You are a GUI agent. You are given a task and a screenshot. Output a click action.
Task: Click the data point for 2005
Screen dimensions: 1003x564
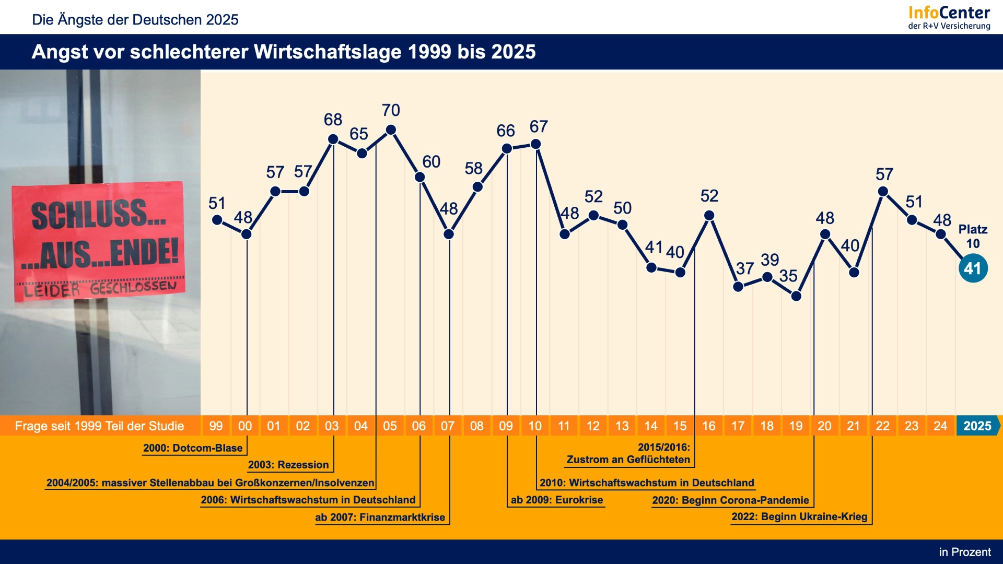click(x=391, y=130)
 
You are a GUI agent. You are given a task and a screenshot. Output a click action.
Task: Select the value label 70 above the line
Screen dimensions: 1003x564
click(x=391, y=110)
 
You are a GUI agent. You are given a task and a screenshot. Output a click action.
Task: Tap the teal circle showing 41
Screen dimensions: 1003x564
click(x=973, y=268)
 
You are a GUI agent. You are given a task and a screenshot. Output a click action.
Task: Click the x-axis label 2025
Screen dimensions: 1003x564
click(x=977, y=426)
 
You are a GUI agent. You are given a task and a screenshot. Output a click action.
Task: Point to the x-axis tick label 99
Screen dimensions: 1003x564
click(x=216, y=426)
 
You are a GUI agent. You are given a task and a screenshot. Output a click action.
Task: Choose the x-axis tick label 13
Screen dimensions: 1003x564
click(x=622, y=426)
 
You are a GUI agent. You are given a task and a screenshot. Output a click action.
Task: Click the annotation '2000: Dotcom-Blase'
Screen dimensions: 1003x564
click(x=193, y=448)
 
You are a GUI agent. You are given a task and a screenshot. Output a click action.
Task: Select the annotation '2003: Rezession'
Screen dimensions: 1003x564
click(x=288, y=465)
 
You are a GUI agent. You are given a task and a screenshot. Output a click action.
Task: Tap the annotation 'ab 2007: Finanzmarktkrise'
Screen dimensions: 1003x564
click(x=380, y=518)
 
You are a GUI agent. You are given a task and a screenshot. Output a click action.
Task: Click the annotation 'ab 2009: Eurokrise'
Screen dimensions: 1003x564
click(x=557, y=500)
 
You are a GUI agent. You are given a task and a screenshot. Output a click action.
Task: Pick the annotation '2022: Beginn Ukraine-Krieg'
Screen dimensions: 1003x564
click(x=799, y=516)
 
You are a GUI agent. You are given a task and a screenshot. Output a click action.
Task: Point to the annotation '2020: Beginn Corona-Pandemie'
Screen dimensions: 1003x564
click(x=730, y=500)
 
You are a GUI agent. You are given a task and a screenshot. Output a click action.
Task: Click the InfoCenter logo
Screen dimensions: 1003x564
click(x=949, y=17)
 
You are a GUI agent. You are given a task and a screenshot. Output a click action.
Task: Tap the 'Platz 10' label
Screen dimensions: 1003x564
click(x=973, y=236)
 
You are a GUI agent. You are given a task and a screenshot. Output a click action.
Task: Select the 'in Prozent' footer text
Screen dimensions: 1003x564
click(x=965, y=552)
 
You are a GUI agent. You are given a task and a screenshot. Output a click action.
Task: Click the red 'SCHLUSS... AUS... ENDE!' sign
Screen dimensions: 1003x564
click(x=99, y=241)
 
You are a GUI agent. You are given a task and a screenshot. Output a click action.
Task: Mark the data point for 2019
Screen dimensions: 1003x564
click(x=796, y=296)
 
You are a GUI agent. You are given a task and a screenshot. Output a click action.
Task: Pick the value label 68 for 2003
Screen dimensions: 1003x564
click(x=333, y=120)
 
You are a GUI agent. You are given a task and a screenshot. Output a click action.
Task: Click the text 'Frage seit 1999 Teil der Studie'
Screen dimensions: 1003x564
click(x=99, y=426)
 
